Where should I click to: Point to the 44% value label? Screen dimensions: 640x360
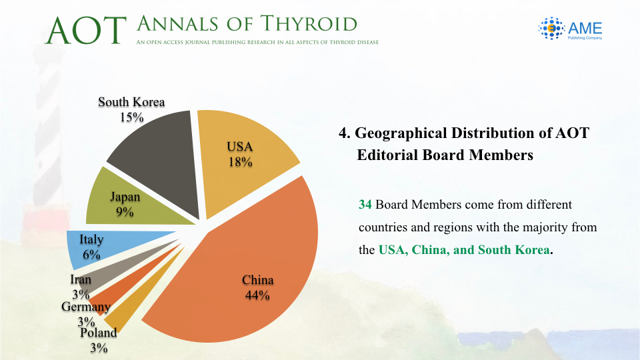tap(257, 295)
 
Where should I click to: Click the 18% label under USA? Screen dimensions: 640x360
tap(240, 162)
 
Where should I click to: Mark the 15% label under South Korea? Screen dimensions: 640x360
tap(131, 117)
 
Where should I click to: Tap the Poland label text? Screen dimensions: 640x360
tap(99, 333)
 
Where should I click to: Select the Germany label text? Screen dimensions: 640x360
tap(86, 307)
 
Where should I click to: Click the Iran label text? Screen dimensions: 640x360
tap(81, 279)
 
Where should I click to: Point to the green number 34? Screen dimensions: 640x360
tap(365, 205)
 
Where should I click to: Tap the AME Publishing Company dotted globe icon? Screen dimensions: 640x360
tap(551, 28)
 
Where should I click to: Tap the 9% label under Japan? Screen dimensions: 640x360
tap(125, 212)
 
